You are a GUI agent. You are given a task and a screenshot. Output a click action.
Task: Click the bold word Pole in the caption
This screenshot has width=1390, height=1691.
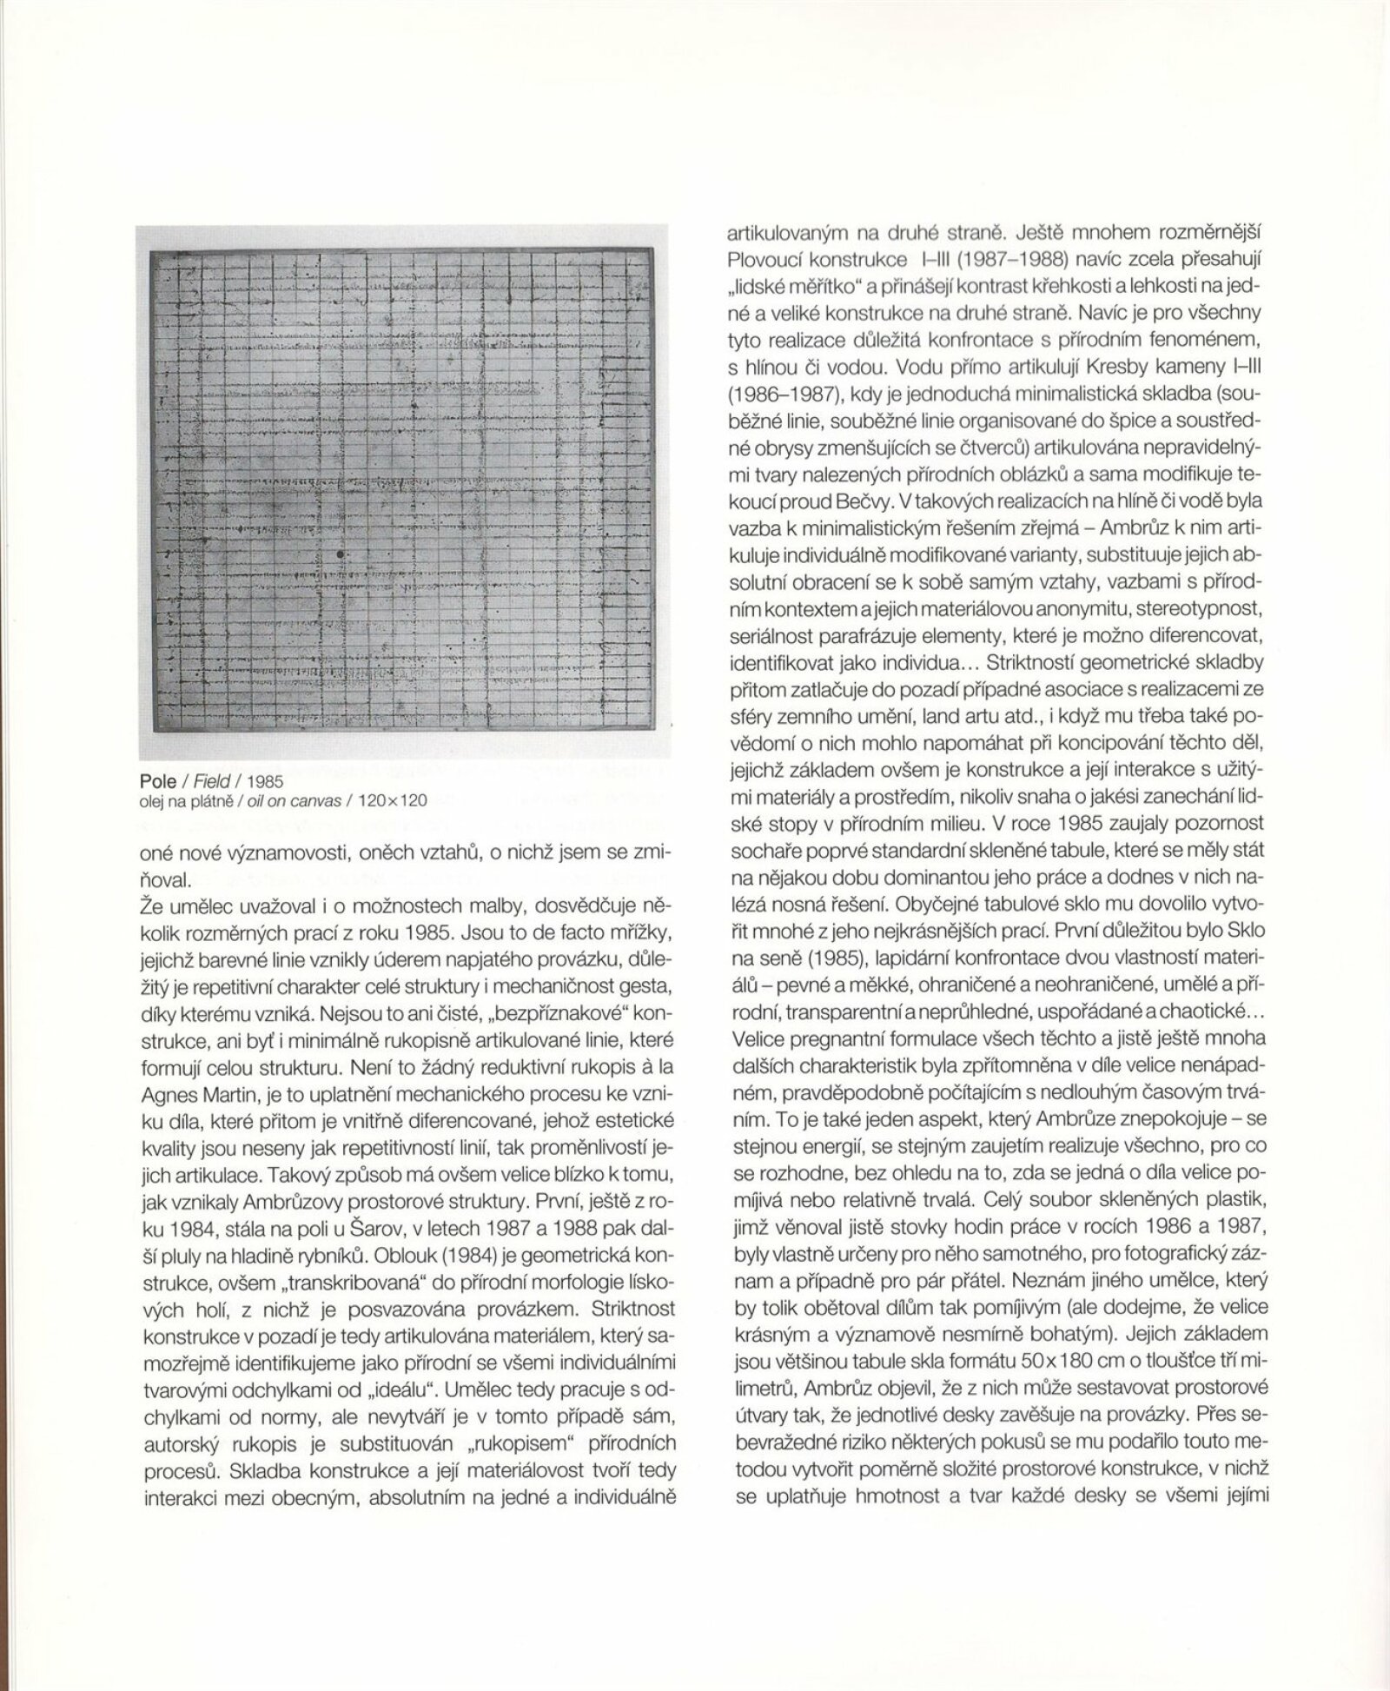point(158,781)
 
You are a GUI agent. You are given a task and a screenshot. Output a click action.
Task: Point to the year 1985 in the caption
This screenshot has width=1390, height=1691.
point(265,781)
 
